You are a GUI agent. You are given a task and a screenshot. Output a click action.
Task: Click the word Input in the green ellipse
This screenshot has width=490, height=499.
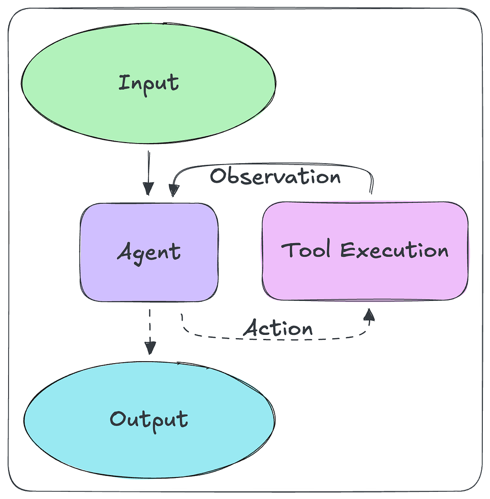click(x=149, y=83)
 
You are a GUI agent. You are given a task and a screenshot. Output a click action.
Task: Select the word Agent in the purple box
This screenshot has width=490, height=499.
click(x=149, y=252)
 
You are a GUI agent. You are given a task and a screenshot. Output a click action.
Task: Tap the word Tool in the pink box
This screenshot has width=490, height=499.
click(x=305, y=250)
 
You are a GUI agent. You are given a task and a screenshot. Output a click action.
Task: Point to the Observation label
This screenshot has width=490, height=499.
click(x=275, y=177)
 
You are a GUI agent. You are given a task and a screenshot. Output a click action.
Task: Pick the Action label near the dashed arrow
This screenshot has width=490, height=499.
click(x=278, y=329)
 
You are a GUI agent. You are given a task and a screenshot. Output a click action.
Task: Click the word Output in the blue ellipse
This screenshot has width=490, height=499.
click(x=149, y=420)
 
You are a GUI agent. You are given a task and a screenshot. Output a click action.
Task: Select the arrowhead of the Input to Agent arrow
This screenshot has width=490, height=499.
click(x=148, y=190)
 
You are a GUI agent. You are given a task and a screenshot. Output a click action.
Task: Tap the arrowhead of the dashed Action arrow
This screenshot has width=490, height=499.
click(x=369, y=314)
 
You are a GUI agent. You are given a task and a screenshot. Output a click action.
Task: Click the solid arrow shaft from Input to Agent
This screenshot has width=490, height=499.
click(x=148, y=167)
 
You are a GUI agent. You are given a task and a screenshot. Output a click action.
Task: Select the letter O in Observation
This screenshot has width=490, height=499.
click(x=218, y=176)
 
